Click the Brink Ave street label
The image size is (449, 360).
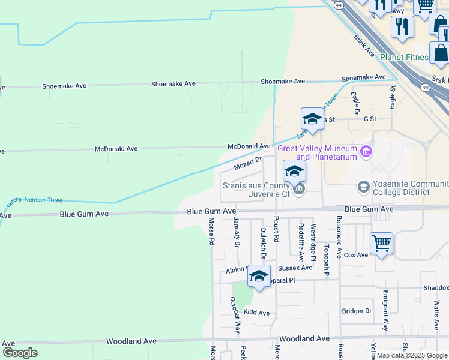(x=364, y=45)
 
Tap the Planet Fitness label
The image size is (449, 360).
(x=405, y=58)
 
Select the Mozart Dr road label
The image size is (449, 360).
(x=248, y=163)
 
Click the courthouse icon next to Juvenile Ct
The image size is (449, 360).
(x=300, y=190)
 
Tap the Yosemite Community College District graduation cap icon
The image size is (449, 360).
(x=363, y=187)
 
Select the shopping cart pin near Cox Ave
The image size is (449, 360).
(x=381, y=244)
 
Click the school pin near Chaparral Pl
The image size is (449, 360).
(x=259, y=277)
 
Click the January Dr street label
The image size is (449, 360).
(x=237, y=233)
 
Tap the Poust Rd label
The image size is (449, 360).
(x=277, y=230)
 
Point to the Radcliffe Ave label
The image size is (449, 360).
(x=301, y=238)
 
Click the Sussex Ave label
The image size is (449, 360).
(x=295, y=268)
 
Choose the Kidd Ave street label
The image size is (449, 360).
(x=256, y=313)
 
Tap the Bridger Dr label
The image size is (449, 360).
(x=357, y=311)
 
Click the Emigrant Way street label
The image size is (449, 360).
(x=385, y=311)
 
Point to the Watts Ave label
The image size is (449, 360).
(x=436, y=316)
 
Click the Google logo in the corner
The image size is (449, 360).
(x=20, y=353)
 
